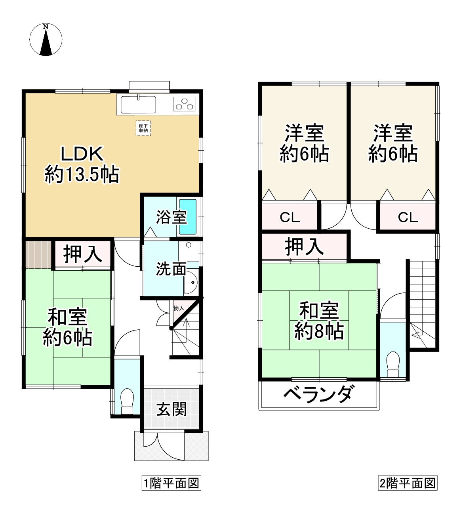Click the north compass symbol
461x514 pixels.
(x=46, y=40)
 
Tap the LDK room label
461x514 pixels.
(x=82, y=164)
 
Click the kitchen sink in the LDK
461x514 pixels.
(x=139, y=105)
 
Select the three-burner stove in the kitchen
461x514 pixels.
(x=185, y=104)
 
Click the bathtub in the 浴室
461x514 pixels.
(x=188, y=216)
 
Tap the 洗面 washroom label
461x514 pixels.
(x=170, y=269)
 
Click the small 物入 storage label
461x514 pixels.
(x=179, y=308)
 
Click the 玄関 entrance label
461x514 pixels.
(x=171, y=409)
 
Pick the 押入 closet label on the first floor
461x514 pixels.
(x=83, y=254)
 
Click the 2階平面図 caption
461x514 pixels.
(x=408, y=483)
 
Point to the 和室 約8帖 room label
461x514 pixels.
(x=319, y=321)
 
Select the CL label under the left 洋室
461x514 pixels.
(x=290, y=217)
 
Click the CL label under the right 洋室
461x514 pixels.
(x=408, y=217)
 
